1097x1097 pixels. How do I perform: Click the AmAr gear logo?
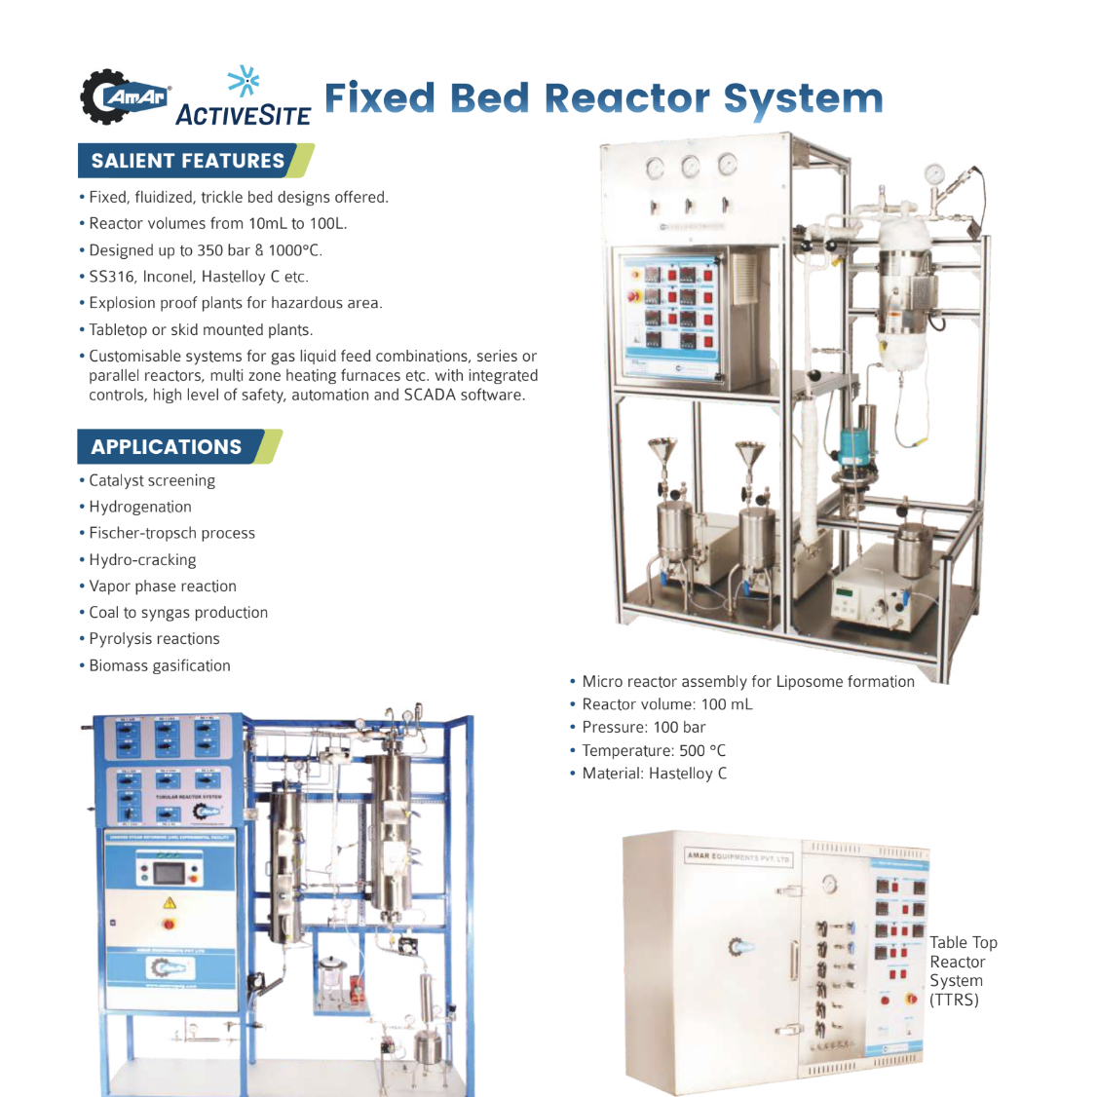[x=124, y=96]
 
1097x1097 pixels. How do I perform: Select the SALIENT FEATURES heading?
[x=188, y=161]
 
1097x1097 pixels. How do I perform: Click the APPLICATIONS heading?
[x=167, y=447]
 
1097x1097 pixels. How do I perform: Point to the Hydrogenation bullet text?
[x=140, y=507]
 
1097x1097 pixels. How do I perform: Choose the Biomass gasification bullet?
[x=160, y=665]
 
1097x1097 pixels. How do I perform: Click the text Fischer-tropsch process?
[x=171, y=533]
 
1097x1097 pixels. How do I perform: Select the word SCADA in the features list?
[x=430, y=395]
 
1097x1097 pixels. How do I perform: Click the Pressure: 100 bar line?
[x=643, y=727]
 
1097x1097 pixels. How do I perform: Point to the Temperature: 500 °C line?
[x=653, y=750]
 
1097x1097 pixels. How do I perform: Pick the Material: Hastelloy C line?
[x=654, y=774]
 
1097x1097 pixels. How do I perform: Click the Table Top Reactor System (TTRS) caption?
[x=963, y=970]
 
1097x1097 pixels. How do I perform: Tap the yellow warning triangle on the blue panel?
[x=170, y=902]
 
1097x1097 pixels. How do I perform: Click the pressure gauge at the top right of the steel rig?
[x=935, y=174]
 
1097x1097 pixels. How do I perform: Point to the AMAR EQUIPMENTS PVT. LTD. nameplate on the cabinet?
[x=738, y=857]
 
